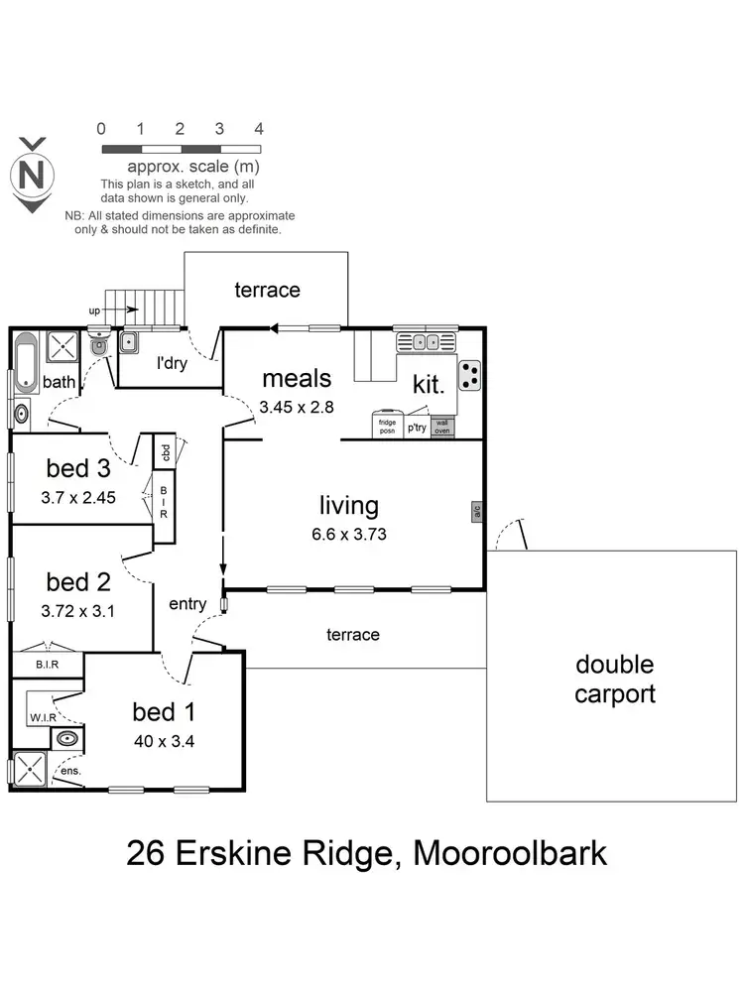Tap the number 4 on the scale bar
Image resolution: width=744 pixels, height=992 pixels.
(258, 129)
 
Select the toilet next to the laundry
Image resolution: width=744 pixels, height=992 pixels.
(99, 347)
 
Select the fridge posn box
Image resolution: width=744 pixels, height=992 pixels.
(387, 426)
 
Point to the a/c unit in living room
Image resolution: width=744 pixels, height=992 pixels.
(476, 512)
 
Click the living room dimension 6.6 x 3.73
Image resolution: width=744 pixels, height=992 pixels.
(348, 533)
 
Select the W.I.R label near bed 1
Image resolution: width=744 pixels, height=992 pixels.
(42, 716)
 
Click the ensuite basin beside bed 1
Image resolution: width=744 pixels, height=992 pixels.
(66, 739)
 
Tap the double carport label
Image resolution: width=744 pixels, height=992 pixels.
(615, 679)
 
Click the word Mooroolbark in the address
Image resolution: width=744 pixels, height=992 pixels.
(509, 853)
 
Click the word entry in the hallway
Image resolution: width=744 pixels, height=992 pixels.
(187, 604)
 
